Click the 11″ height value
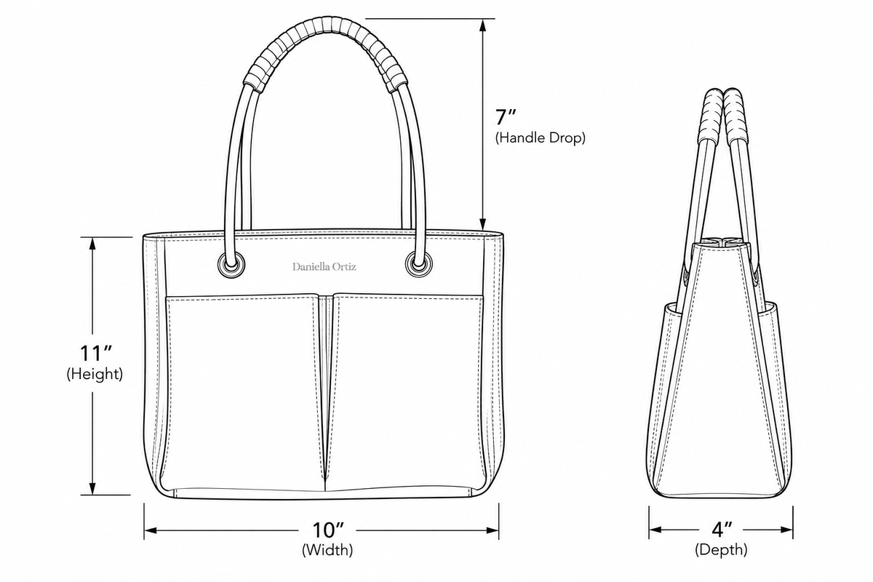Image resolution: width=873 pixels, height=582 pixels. [96, 353]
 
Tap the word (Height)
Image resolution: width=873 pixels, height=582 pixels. [95, 374]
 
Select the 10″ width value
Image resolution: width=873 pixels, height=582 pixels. [328, 530]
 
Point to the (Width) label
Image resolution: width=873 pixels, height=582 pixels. [327, 550]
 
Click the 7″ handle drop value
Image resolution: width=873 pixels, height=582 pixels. [506, 117]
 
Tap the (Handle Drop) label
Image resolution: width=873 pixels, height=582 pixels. [540, 137]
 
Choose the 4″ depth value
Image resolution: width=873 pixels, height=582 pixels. [722, 529]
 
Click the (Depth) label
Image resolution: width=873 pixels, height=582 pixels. [721, 550]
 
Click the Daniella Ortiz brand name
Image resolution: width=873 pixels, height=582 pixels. [324, 267]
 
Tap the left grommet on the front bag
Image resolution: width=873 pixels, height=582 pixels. [231, 265]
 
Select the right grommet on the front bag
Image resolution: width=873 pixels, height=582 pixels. [418, 264]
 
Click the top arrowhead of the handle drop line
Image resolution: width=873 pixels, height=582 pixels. [483, 25]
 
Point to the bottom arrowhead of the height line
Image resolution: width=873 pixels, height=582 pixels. [92, 488]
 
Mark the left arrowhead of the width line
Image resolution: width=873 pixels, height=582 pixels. [151, 530]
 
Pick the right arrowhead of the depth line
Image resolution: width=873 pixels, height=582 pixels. [786, 530]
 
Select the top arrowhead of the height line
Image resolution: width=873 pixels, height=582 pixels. [92, 244]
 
